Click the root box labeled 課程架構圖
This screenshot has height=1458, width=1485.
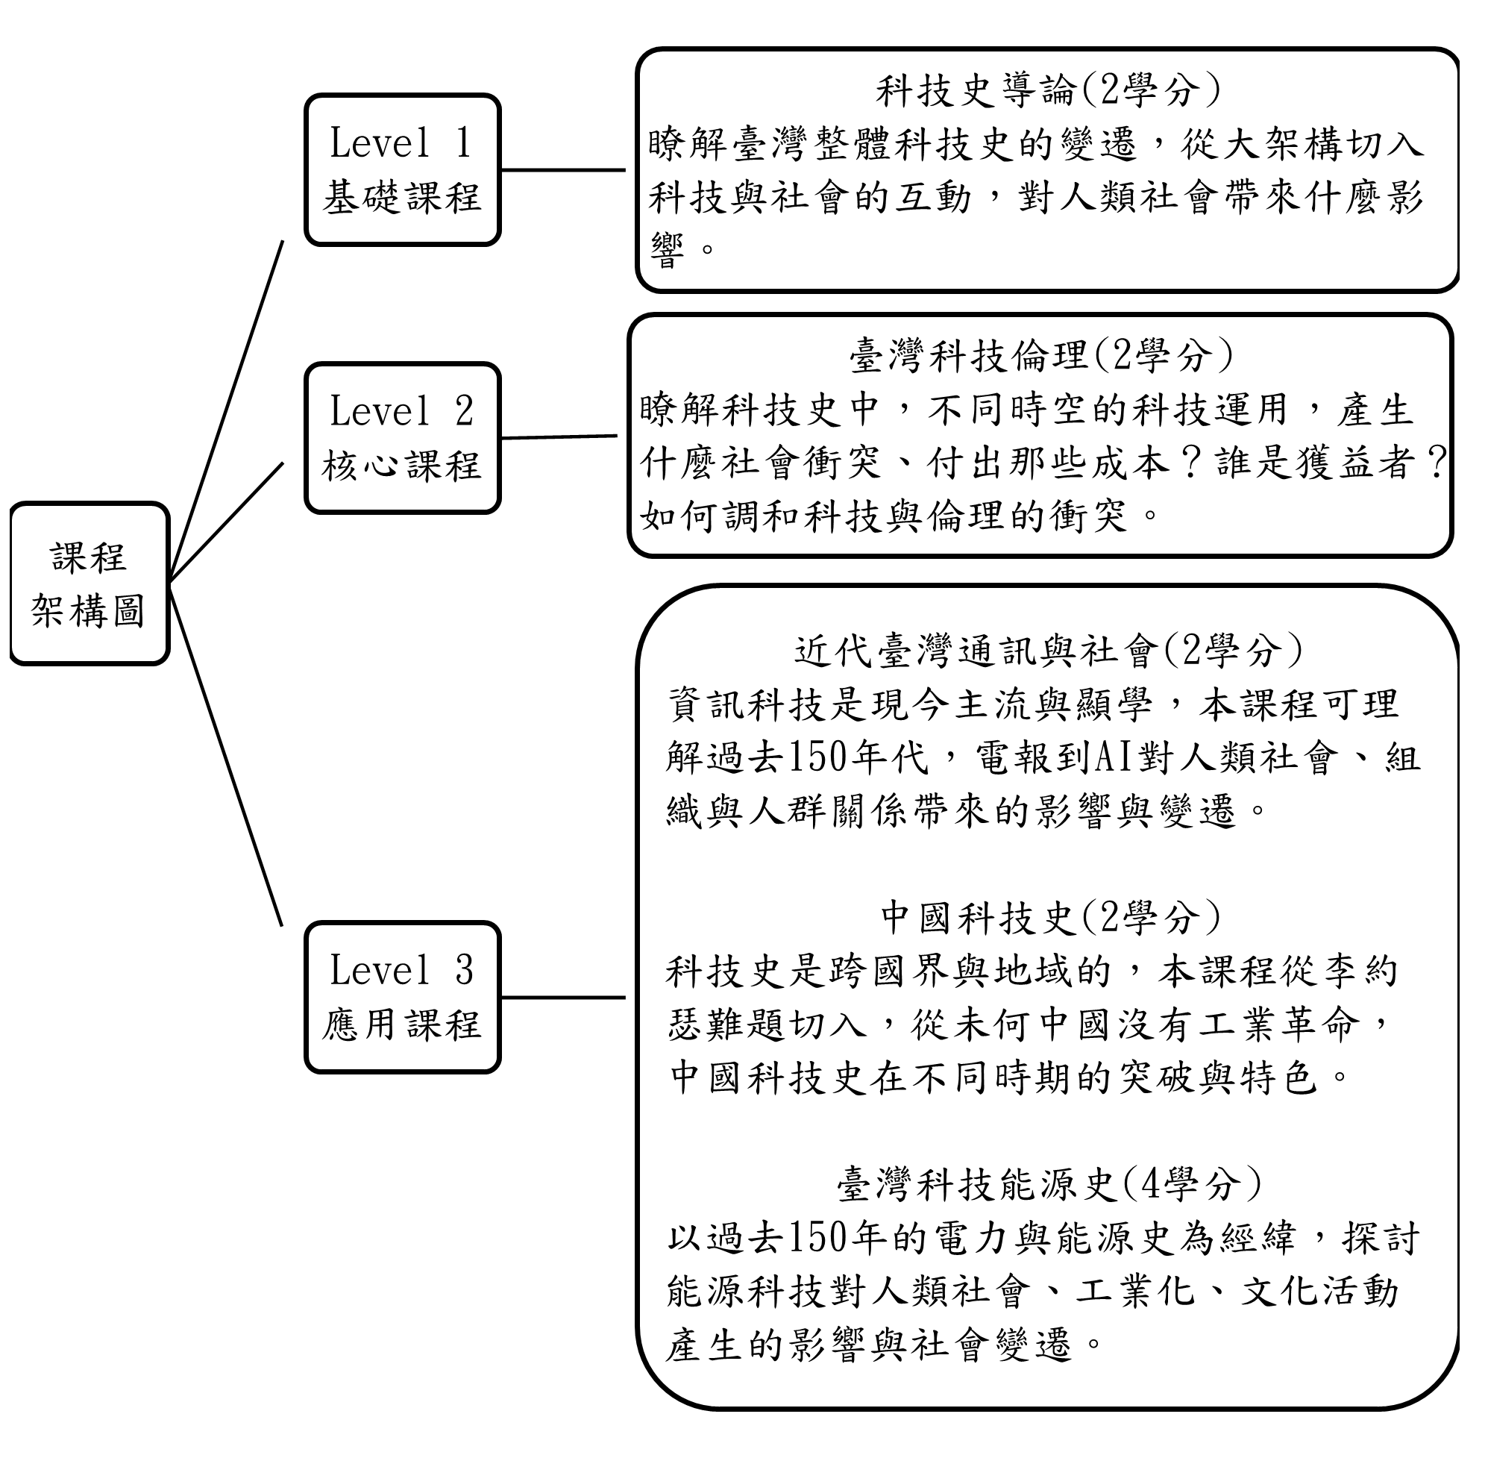click(x=90, y=583)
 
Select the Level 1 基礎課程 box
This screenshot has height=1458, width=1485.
click(x=403, y=170)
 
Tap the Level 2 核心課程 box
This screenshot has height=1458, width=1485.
click(x=403, y=438)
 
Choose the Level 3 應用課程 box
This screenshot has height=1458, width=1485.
click(x=403, y=997)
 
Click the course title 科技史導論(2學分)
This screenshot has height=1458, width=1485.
click(x=1047, y=90)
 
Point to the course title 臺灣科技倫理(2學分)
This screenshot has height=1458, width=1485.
click(x=1041, y=355)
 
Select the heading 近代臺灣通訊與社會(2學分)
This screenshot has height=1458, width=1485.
click(x=1048, y=651)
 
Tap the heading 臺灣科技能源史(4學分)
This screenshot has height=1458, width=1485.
click(x=1049, y=1184)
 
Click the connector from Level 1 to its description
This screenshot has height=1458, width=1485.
click(x=563, y=170)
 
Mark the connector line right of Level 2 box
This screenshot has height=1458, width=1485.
click(x=559, y=437)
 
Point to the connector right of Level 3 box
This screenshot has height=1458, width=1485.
click(x=563, y=997)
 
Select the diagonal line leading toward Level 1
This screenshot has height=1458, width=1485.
click(x=227, y=410)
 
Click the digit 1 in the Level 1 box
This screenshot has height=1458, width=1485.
click(x=462, y=143)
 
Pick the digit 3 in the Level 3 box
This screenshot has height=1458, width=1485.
click(x=464, y=969)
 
